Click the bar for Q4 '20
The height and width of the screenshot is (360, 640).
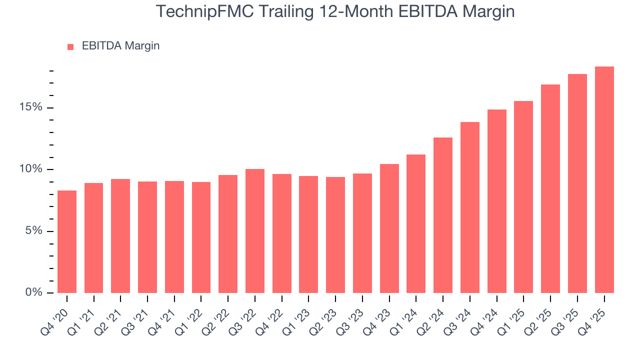click(x=67, y=241)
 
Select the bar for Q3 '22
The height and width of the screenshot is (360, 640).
click(x=255, y=231)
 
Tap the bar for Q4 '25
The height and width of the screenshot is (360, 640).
click(x=604, y=179)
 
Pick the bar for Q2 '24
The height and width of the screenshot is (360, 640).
click(x=443, y=215)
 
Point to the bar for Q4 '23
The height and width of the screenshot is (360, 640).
click(x=389, y=228)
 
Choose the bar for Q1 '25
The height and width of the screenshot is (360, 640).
click(x=523, y=197)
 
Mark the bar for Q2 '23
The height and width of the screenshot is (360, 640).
click(x=335, y=235)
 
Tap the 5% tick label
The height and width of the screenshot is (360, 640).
click(x=34, y=231)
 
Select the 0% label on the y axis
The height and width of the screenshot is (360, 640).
click(x=34, y=292)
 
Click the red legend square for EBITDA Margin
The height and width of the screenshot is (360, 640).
click(x=70, y=46)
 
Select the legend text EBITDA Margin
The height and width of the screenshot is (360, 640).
click(x=120, y=46)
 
